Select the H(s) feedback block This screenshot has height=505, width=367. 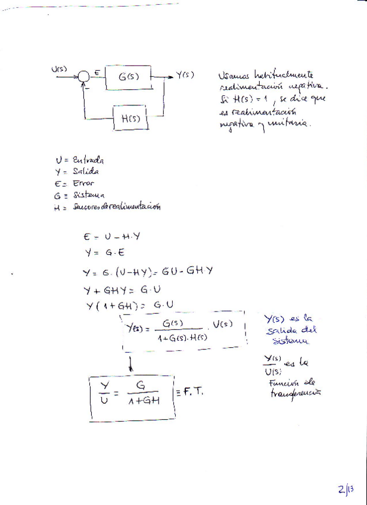(x=130, y=118)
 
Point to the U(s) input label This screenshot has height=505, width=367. (x=60, y=68)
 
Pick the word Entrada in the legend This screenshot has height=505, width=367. (x=88, y=160)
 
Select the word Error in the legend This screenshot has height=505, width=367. (x=83, y=183)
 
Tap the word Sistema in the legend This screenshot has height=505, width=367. (x=88, y=195)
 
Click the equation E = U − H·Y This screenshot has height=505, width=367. (x=113, y=236)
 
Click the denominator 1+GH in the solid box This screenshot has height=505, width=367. (x=143, y=401)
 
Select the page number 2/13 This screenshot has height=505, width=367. (x=344, y=490)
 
